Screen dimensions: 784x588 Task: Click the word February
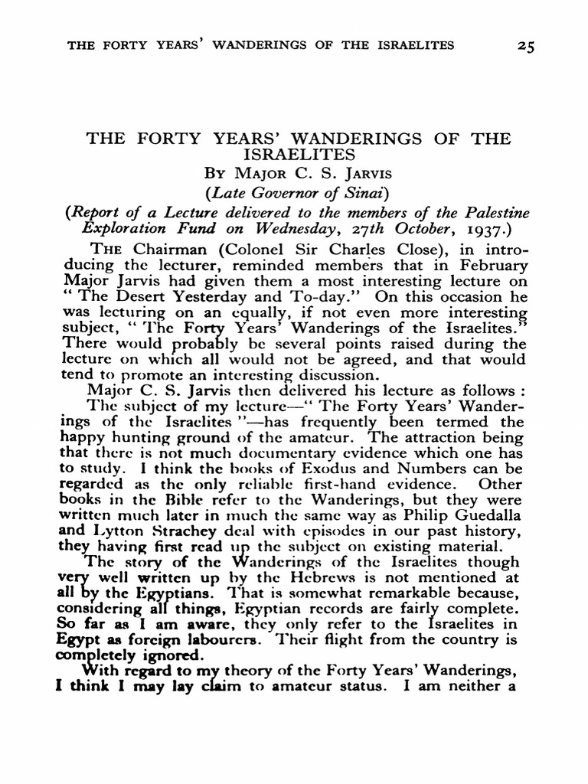pos(490,265)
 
